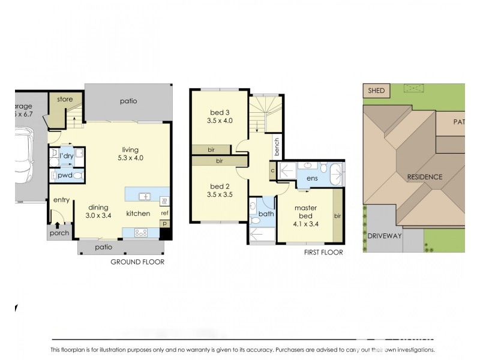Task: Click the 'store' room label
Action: pos(64,100)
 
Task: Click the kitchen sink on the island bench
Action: pos(144,196)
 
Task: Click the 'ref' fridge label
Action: pos(164,213)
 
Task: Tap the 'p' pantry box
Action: pos(164,224)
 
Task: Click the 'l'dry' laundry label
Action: pos(66,156)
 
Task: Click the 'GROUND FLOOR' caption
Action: pos(137,262)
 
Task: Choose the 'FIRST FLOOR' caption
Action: pos(323,253)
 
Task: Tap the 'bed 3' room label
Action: pos(220,116)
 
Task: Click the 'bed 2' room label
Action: pos(220,190)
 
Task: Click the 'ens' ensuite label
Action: pos(311,179)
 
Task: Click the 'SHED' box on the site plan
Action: pos(376,91)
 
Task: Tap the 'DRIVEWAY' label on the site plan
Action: pos(384,236)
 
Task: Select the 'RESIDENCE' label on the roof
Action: pos(425,177)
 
